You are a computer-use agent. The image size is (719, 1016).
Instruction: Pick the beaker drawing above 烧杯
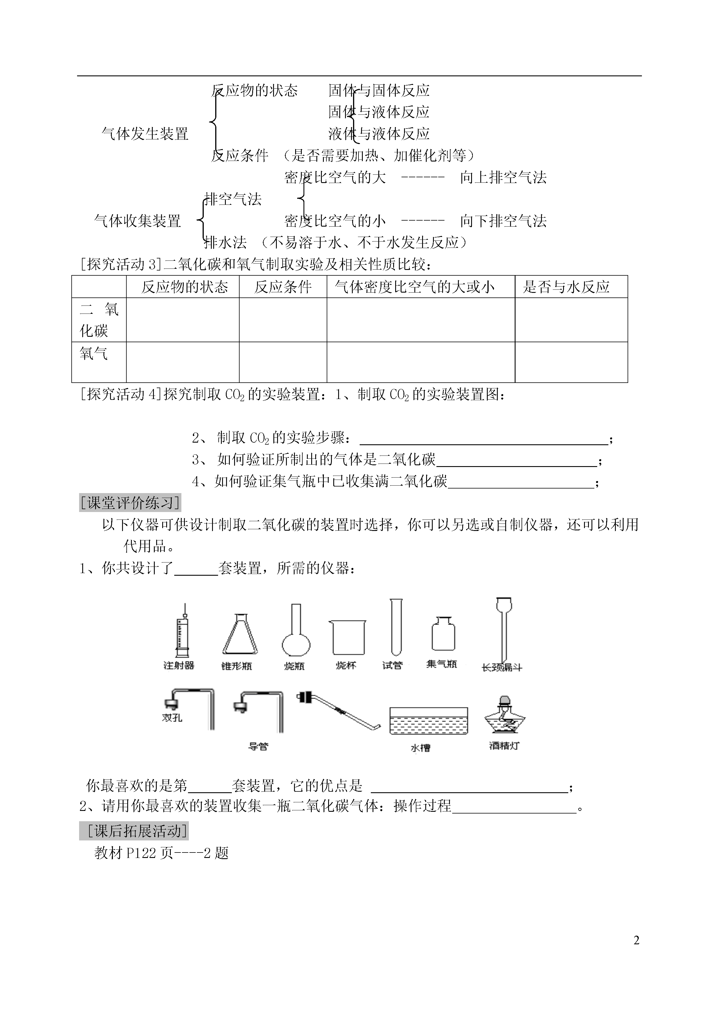tap(348, 637)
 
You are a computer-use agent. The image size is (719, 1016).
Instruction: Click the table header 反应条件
tap(283, 287)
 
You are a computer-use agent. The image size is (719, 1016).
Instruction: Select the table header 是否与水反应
tap(566, 287)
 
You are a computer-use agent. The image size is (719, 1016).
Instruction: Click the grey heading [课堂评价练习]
tap(130, 503)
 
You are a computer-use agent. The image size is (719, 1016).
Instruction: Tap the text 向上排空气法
tap(504, 178)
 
